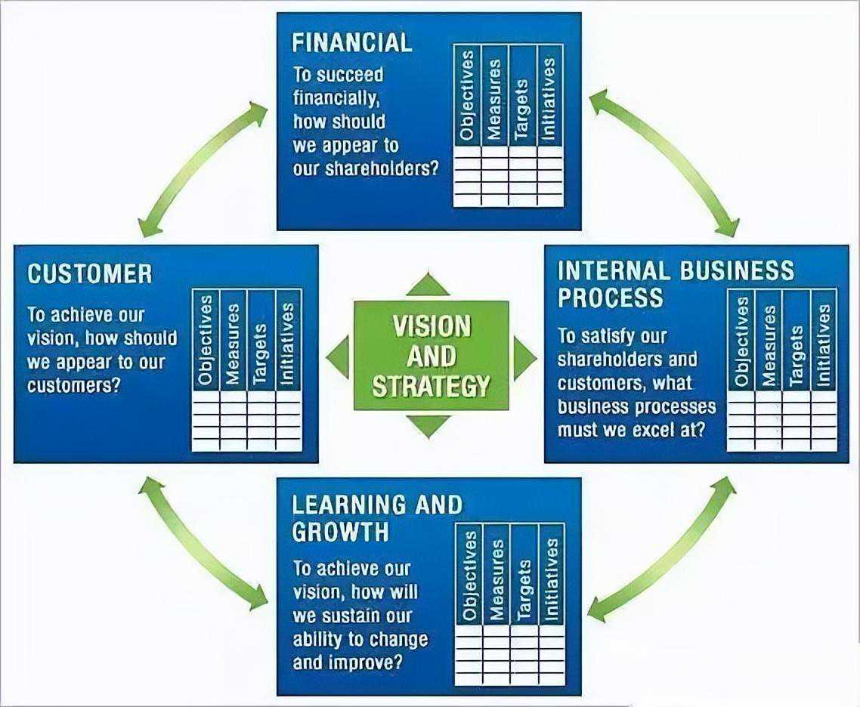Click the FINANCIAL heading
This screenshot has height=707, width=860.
pos(351,42)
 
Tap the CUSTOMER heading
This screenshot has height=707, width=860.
pos(89,273)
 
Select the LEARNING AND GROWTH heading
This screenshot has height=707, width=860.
pos(376,517)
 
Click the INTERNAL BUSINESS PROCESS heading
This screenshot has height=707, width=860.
pos(676,283)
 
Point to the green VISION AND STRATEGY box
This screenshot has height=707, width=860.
pos(431,356)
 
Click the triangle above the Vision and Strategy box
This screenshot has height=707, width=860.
pos(428,286)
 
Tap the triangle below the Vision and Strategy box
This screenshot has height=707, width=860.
pos(428,425)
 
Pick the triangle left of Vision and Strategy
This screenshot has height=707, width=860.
pos(339,357)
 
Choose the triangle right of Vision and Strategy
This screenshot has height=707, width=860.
pos(523,357)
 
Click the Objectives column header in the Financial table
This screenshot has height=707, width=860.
pos(467,95)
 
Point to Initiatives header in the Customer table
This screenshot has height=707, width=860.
pos(288,339)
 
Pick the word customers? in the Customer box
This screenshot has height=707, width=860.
pos(76,385)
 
